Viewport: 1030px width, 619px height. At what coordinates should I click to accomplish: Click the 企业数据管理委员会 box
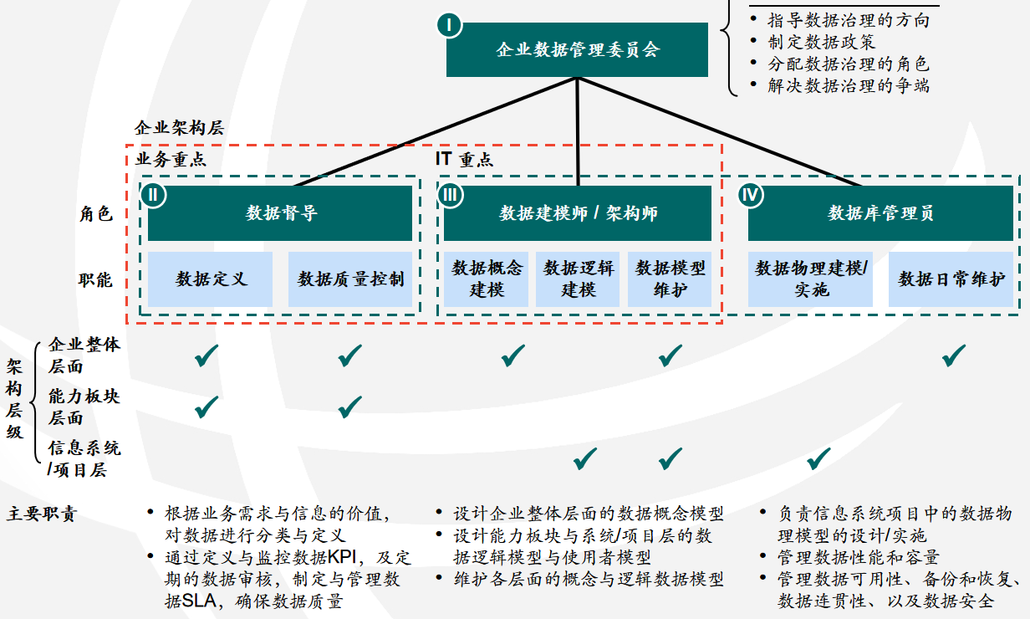click(x=577, y=49)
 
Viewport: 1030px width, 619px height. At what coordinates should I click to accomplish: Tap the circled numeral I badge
click(x=449, y=25)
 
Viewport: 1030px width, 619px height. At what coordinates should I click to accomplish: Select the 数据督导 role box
click(x=280, y=213)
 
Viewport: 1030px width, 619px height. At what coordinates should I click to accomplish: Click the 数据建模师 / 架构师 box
click(x=578, y=213)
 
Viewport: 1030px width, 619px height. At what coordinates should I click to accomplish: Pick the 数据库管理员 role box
click(x=880, y=213)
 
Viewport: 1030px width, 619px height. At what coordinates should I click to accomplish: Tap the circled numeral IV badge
click(x=751, y=195)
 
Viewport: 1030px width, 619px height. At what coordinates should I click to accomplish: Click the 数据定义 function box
click(x=211, y=279)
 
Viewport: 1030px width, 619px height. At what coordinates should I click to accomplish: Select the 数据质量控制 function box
click(x=350, y=279)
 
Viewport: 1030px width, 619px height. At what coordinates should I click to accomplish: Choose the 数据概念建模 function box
click(x=487, y=279)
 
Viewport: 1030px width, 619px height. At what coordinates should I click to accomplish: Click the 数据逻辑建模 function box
click(x=579, y=279)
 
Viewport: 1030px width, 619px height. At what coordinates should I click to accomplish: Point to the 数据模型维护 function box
click(x=670, y=279)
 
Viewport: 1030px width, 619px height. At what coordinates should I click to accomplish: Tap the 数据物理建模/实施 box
click(x=810, y=279)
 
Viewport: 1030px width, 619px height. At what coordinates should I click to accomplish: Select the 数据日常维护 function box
click(x=951, y=279)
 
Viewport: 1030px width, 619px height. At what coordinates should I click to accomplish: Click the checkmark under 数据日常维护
click(x=953, y=356)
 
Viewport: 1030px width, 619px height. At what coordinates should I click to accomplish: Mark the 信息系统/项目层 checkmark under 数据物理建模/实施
click(x=818, y=458)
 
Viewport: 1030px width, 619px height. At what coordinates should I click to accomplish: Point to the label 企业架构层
click(x=179, y=128)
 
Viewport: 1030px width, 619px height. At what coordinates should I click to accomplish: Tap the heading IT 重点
click(x=464, y=159)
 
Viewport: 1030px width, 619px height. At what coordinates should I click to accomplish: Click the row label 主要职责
click(x=41, y=514)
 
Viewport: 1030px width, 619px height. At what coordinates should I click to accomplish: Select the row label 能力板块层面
click(x=84, y=407)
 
